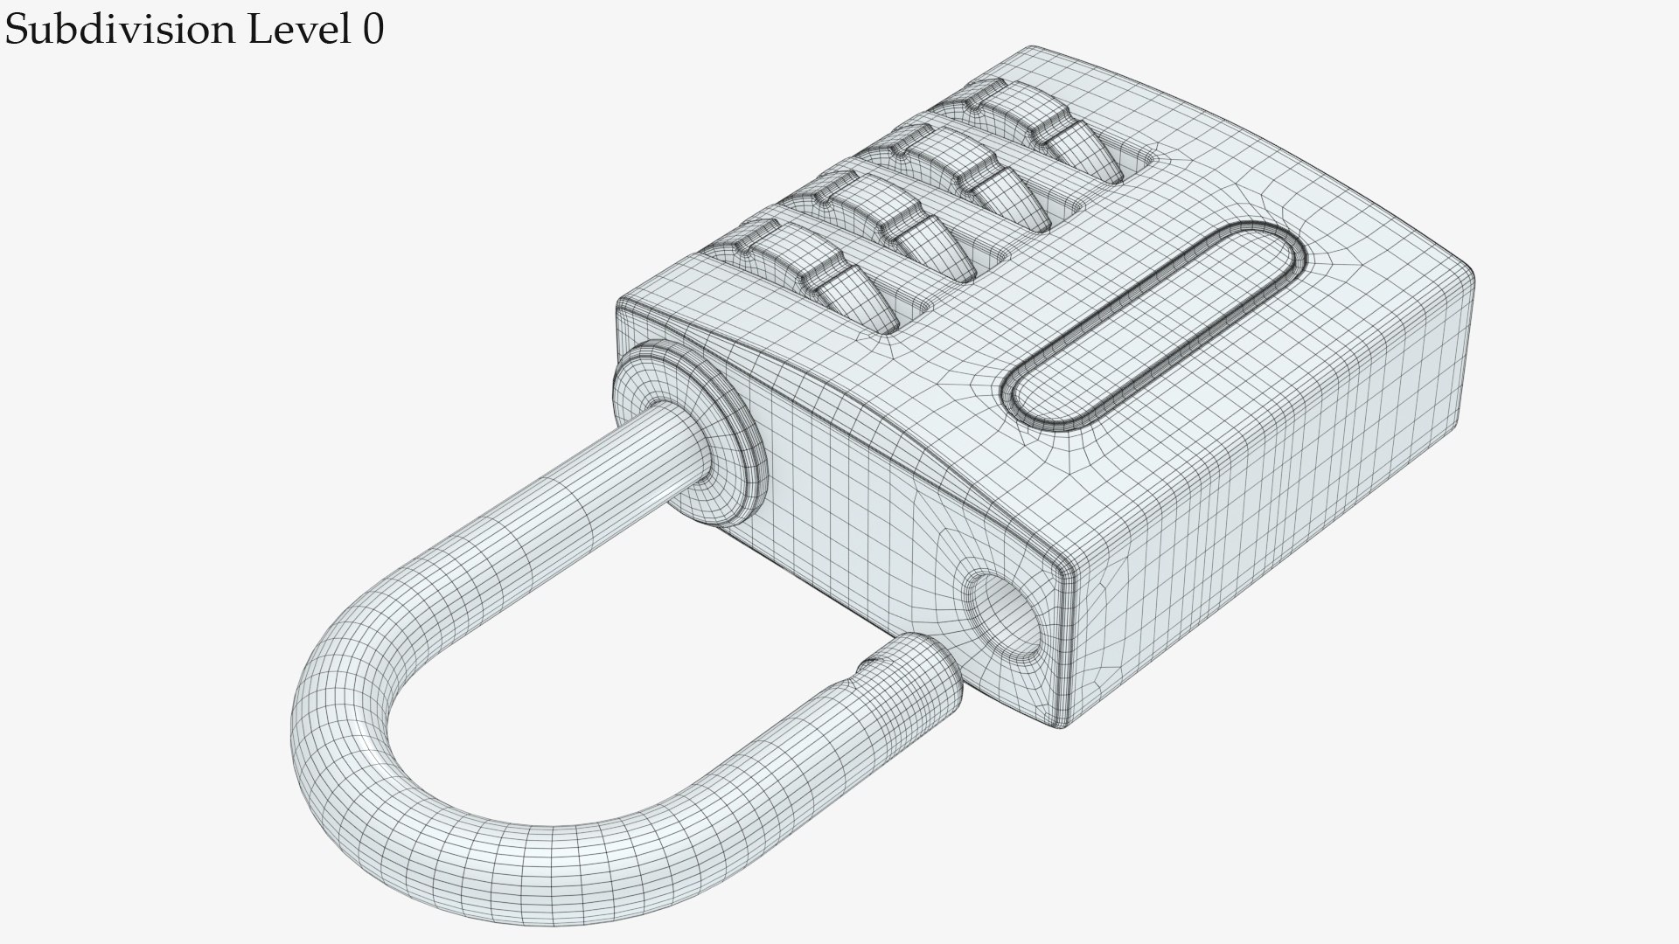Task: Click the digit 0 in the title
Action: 373,31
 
